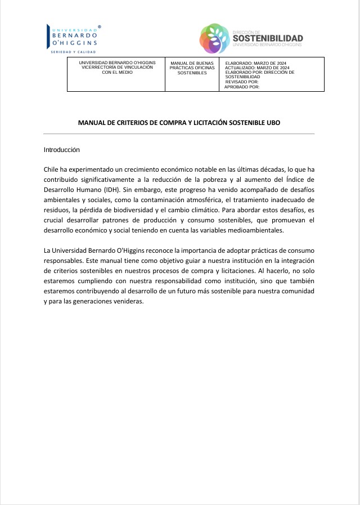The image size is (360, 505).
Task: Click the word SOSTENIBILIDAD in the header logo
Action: [x=267, y=38]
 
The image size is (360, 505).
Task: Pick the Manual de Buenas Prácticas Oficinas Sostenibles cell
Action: [x=192, y=67]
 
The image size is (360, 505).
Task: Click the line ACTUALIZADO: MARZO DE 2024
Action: [x=257, y=68]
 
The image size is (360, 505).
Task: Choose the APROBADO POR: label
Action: [x=242, y=87]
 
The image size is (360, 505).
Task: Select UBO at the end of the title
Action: [x=273, y=122]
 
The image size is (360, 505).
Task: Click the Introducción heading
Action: [x=62, y=150]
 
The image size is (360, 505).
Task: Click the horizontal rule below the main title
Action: [x=179, y=134]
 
